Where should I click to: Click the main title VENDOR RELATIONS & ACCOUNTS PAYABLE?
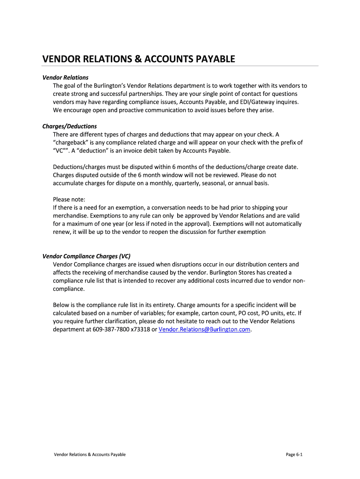(x=138, y=59)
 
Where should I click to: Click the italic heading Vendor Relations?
(x=65, y=77)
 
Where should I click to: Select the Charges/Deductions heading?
(x=69, y=126)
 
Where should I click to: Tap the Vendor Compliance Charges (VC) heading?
(x=86, y=256)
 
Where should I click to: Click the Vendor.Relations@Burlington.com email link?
(x=205, y=329)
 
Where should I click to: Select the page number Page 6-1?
(x=294, y=454)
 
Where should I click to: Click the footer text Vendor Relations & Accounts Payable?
(x=90, y=454)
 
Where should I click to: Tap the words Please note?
(x=69, y=199)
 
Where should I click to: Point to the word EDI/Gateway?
(x=258, y=102)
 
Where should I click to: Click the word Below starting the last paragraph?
(x=62, y=305)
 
